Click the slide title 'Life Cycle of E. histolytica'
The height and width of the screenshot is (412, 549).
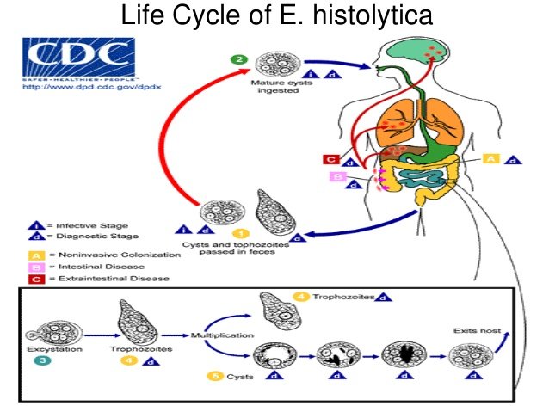click(274, 16)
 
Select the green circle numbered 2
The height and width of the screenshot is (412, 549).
click(242, 60)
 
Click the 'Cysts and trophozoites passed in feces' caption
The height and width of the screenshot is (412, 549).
click(244, 249)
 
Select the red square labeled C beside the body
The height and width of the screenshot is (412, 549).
click(330, 158)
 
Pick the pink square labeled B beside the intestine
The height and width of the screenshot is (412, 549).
click(338, 177)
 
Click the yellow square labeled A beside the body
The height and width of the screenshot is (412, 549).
click(491, 158)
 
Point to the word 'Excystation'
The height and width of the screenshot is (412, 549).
click(56, 351)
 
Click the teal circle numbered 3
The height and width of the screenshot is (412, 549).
click(40, 365)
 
